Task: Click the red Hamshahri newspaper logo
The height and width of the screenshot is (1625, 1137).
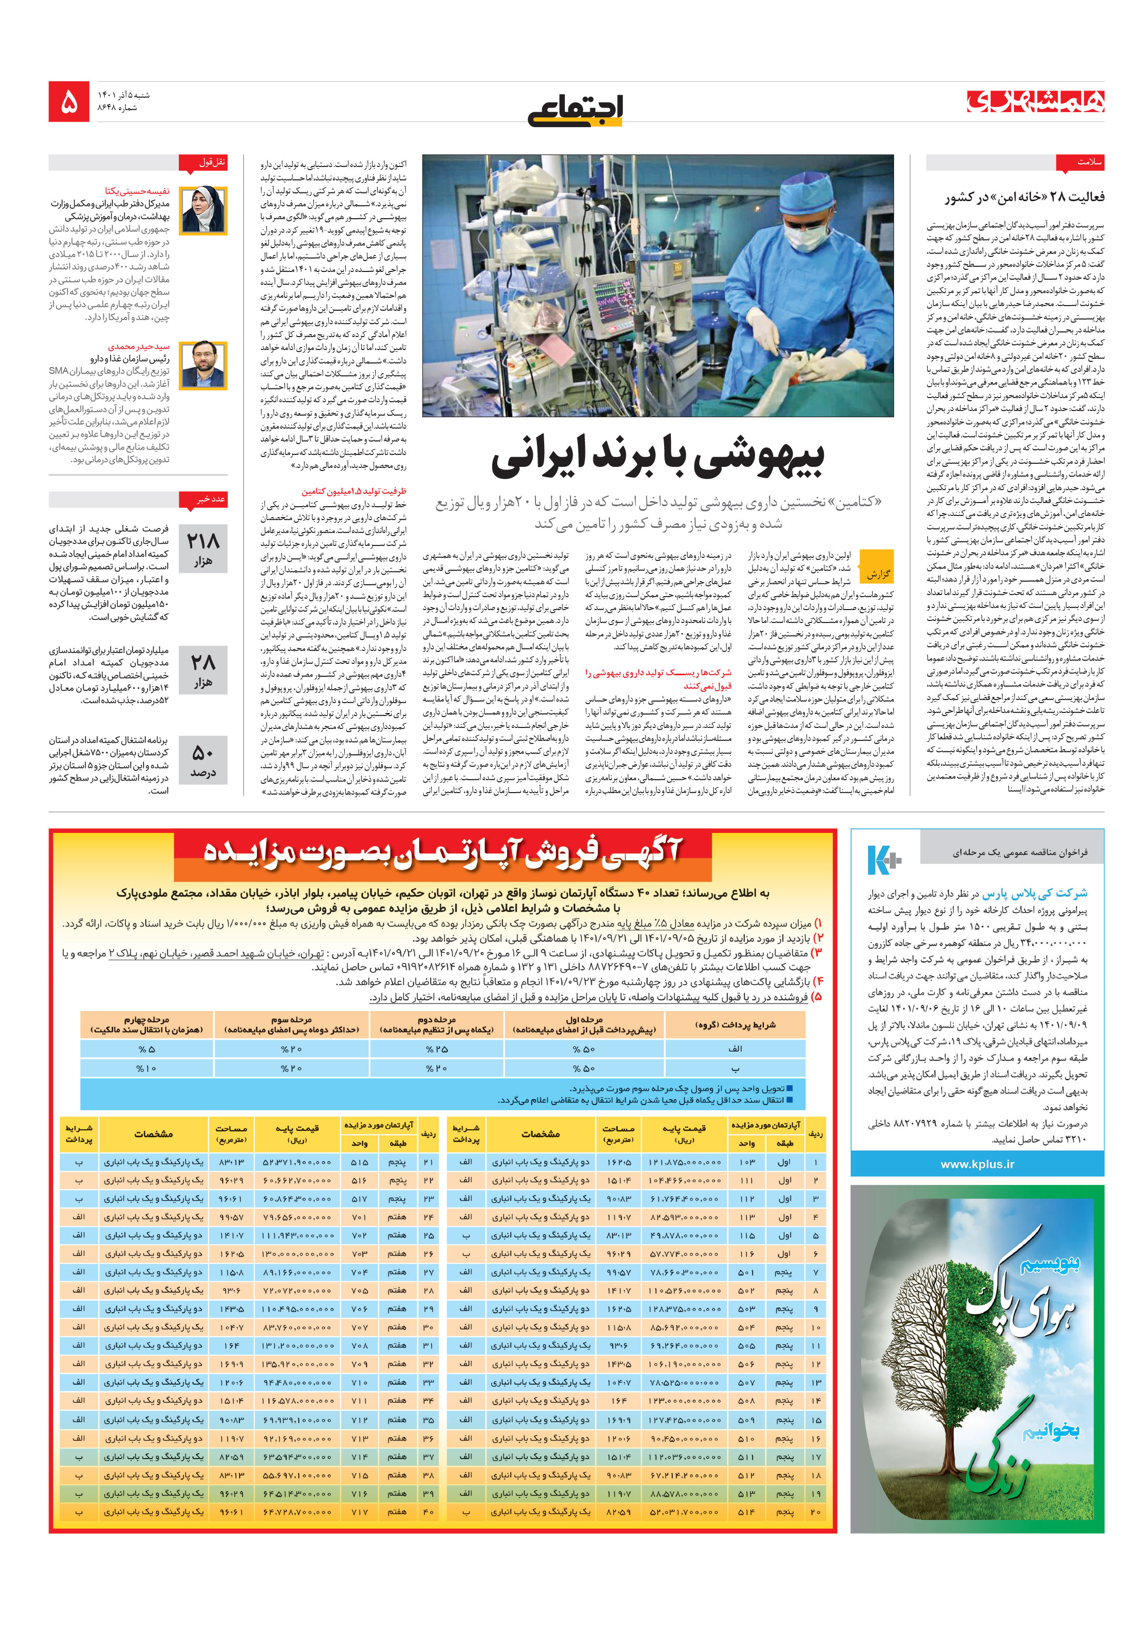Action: point(1035,102)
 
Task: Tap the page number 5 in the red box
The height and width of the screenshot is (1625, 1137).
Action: point(69,102)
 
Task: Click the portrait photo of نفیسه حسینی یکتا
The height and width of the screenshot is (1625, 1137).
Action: point(203,210)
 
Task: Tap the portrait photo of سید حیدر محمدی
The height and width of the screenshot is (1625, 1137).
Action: point(203,365)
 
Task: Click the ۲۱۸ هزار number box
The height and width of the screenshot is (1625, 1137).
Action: point(203,548)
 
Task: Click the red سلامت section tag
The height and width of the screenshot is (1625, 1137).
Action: point(1079,162)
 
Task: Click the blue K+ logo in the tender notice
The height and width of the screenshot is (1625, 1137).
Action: point(883,859)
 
